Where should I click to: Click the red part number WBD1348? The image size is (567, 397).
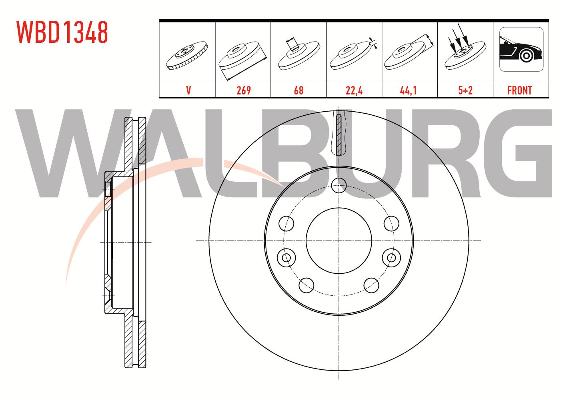tap(62, 32)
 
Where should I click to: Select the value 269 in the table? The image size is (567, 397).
tap(244, 90)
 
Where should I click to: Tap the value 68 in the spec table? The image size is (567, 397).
tap(299, 90)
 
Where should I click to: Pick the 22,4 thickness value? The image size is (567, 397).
tap(354, 90)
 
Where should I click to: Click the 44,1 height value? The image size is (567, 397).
tap(408, 90)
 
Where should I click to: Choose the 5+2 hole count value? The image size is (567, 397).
tap(465, 90)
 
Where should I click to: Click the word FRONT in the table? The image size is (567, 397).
tap(519, 90)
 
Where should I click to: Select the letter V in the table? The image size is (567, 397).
tap(188, 90)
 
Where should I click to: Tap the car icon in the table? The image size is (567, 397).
tap(521, 49)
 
